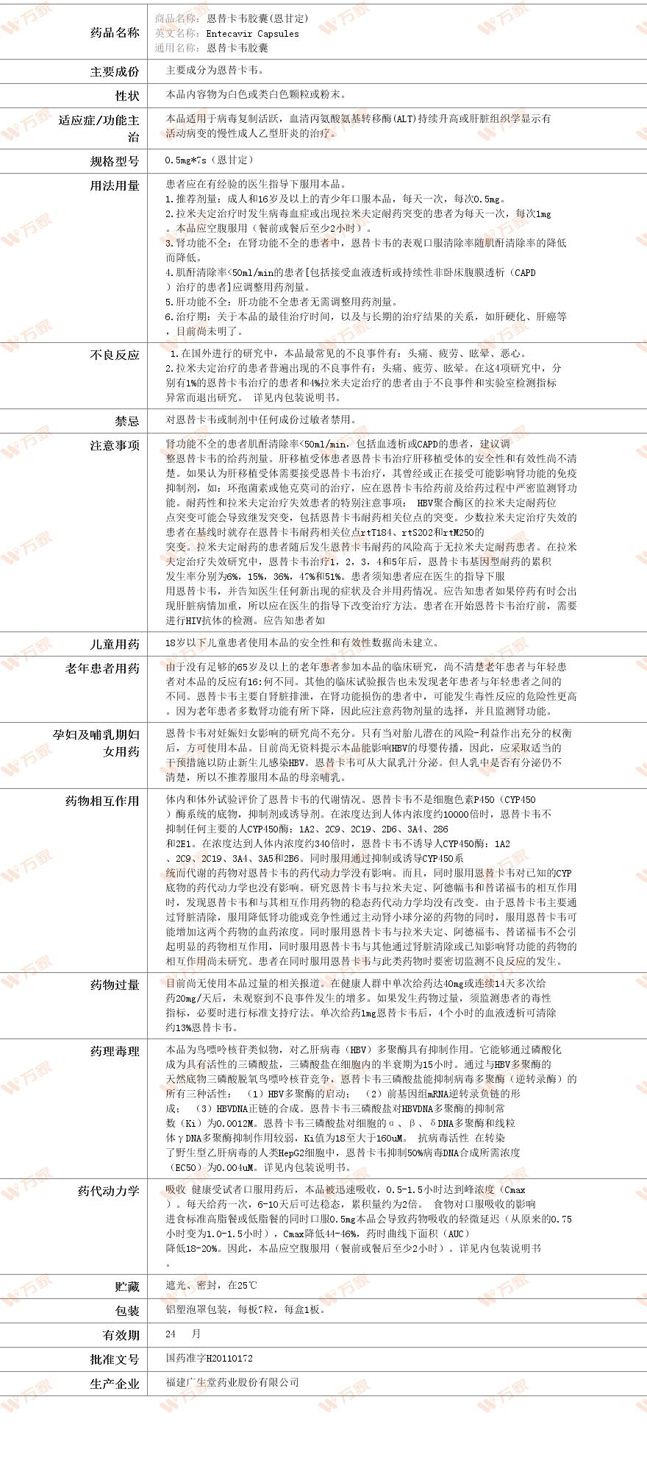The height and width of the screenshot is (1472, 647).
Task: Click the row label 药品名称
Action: (114, 32)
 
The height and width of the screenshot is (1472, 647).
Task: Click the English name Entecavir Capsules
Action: (252, 33)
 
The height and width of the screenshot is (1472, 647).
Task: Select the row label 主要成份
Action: (114, 71)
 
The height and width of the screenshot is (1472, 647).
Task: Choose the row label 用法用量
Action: (114, 185)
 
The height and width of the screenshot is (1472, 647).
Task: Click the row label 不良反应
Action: (114, 355)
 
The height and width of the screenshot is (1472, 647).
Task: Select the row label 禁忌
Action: (126, 421)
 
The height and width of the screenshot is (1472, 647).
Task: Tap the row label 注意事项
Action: (114, 445)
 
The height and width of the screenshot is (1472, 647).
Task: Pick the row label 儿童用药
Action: (114, 644)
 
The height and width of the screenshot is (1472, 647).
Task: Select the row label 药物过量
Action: (114, 985)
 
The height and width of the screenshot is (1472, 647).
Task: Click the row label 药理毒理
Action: (114, 1051)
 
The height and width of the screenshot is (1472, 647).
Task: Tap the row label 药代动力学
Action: (108, 1191)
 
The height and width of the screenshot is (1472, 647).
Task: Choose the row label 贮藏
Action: (126, 1287)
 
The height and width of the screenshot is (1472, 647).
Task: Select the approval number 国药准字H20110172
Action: (210, 1358)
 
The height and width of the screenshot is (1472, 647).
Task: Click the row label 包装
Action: (126, 1311)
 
